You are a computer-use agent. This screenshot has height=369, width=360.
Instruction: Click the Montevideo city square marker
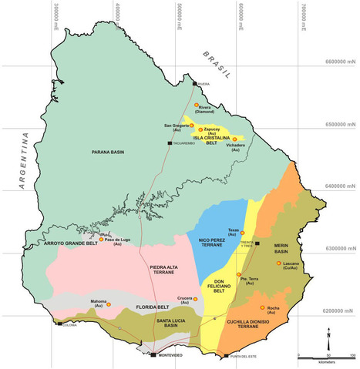coord(153,355)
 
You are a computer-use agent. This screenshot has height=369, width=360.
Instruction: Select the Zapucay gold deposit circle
coord(200,129)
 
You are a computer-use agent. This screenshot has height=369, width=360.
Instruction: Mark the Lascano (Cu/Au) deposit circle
coord(278,263)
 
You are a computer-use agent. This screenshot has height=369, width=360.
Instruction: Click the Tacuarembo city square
coord(170,143)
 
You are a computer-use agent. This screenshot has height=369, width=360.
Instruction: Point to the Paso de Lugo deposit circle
coord(99,239)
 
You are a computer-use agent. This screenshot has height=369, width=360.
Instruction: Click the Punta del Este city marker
coord(224,355)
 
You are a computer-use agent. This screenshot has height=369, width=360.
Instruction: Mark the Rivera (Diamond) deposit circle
coord(197,105)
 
